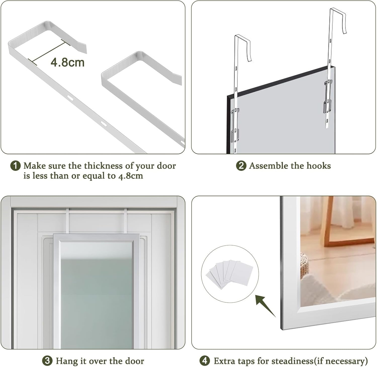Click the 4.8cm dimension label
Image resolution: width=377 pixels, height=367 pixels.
click(x=67, y=62)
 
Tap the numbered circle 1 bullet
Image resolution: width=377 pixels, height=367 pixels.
click(x=15, y=166)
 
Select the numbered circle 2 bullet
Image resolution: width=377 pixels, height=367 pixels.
click(x=241, y=166)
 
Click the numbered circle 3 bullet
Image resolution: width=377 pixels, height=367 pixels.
click(x=47, y=361)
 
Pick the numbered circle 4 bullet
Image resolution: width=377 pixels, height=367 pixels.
click(x=205, y=361)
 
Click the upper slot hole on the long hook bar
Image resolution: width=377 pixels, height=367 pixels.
click(x=71, y=98)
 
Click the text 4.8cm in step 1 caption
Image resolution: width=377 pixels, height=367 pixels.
click(x=130, y=176)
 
